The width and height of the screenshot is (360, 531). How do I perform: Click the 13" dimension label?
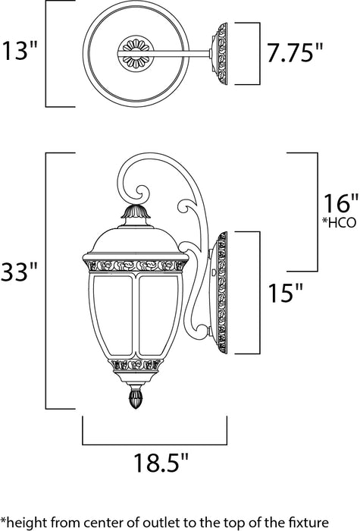coord(20,52)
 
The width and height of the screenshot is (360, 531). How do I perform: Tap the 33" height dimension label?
coord(20,270)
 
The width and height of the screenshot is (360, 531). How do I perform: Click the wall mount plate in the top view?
coord(222,52)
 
